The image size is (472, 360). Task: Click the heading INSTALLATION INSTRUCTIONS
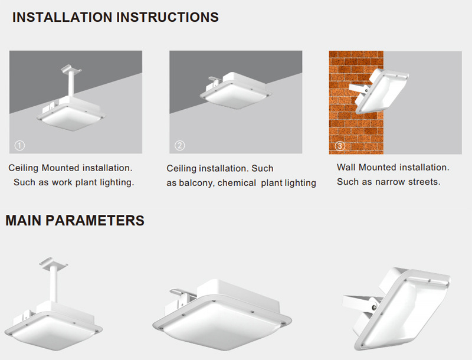(x=115, y=17)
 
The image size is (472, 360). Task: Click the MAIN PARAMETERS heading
(x=75, y=220)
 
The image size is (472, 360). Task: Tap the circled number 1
(x=19, y=146)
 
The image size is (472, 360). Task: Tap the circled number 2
(x=180, y=146)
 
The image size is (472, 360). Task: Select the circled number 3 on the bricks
(x=340, y=146)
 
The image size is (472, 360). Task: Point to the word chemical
(x=237, y=183)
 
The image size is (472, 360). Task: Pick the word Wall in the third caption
(x=346, y=168)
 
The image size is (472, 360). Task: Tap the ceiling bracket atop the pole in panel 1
(x=71, y=68)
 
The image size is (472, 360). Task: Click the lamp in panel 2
(x=235, y=90)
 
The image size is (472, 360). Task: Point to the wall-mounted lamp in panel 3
(x=379, y=90)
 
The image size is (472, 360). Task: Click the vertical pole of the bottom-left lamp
(x=54, y=284)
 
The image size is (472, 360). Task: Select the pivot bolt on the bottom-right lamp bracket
(x=374, y=307)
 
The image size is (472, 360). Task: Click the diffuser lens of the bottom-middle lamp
(x=223, y=327)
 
